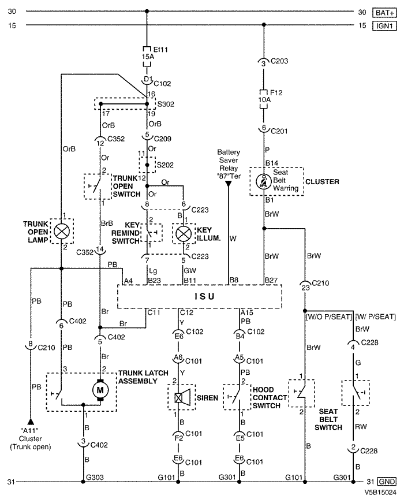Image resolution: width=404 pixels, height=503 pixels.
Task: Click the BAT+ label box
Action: (384, 13)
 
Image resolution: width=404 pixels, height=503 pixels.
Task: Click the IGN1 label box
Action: (384, 25)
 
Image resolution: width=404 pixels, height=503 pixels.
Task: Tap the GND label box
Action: (387, 482)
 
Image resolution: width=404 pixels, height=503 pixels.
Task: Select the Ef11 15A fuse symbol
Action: (147, 57)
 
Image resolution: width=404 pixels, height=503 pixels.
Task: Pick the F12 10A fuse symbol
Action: (264, 99)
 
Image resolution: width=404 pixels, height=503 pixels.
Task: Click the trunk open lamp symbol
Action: (62, 232)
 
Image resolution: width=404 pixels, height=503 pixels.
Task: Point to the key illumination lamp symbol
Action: (183, 234)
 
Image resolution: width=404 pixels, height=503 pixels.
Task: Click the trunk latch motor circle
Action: (100, 390)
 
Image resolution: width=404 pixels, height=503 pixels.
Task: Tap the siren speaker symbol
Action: (182, 398)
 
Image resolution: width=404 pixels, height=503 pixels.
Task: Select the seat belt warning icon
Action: (264, 181)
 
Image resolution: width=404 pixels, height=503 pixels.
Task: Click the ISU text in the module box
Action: (204, 296)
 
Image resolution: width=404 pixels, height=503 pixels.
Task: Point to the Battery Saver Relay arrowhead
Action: (229, 184)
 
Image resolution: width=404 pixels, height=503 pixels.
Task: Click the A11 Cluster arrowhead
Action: (31, 421)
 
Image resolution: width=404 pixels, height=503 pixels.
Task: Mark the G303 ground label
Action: (95, 477)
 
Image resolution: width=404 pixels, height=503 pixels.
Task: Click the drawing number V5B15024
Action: (380, 492)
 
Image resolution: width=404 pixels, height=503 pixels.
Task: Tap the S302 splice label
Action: (166, 105)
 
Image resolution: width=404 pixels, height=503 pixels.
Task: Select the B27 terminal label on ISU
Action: (271, 280)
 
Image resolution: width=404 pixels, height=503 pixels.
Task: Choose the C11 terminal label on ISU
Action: (154, 312)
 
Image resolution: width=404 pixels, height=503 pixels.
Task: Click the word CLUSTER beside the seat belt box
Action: (322, 181)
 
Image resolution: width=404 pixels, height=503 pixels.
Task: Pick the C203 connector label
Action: (279, 61)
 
